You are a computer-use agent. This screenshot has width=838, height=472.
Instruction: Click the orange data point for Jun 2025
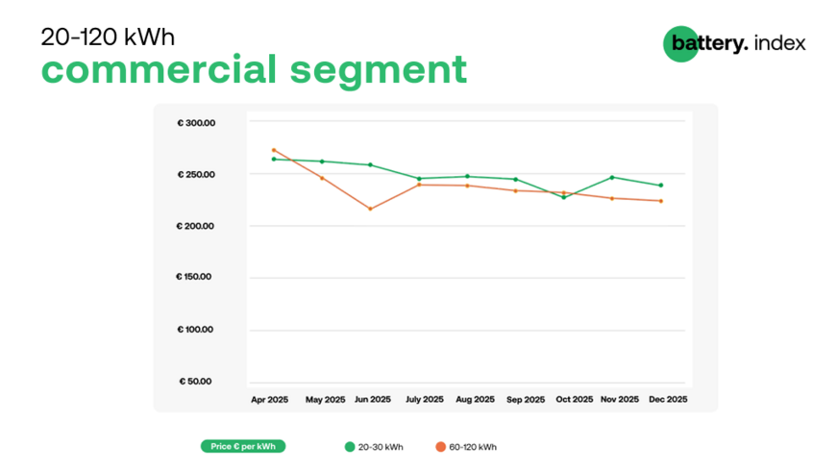(370, 209)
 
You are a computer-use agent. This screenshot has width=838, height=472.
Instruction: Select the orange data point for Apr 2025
(274, 150)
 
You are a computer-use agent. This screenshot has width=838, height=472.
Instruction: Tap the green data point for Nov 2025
(612, 177)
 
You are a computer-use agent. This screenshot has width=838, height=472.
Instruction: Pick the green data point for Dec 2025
(661, 186)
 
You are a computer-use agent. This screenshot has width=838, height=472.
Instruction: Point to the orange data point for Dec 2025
(661, 201)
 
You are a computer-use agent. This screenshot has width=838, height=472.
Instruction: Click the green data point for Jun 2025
(370, 164)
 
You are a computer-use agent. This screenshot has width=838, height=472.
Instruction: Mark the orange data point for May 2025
(322, 178)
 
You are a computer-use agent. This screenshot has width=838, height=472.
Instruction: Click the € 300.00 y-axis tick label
(196, 123)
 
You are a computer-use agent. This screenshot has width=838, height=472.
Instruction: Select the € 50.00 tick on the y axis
(197, 381)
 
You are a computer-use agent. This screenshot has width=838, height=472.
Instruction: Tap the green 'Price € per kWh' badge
(242, 446)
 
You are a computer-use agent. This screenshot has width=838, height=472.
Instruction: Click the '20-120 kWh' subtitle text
(108, 37)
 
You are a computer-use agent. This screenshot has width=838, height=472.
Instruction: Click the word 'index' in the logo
(780, 43)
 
